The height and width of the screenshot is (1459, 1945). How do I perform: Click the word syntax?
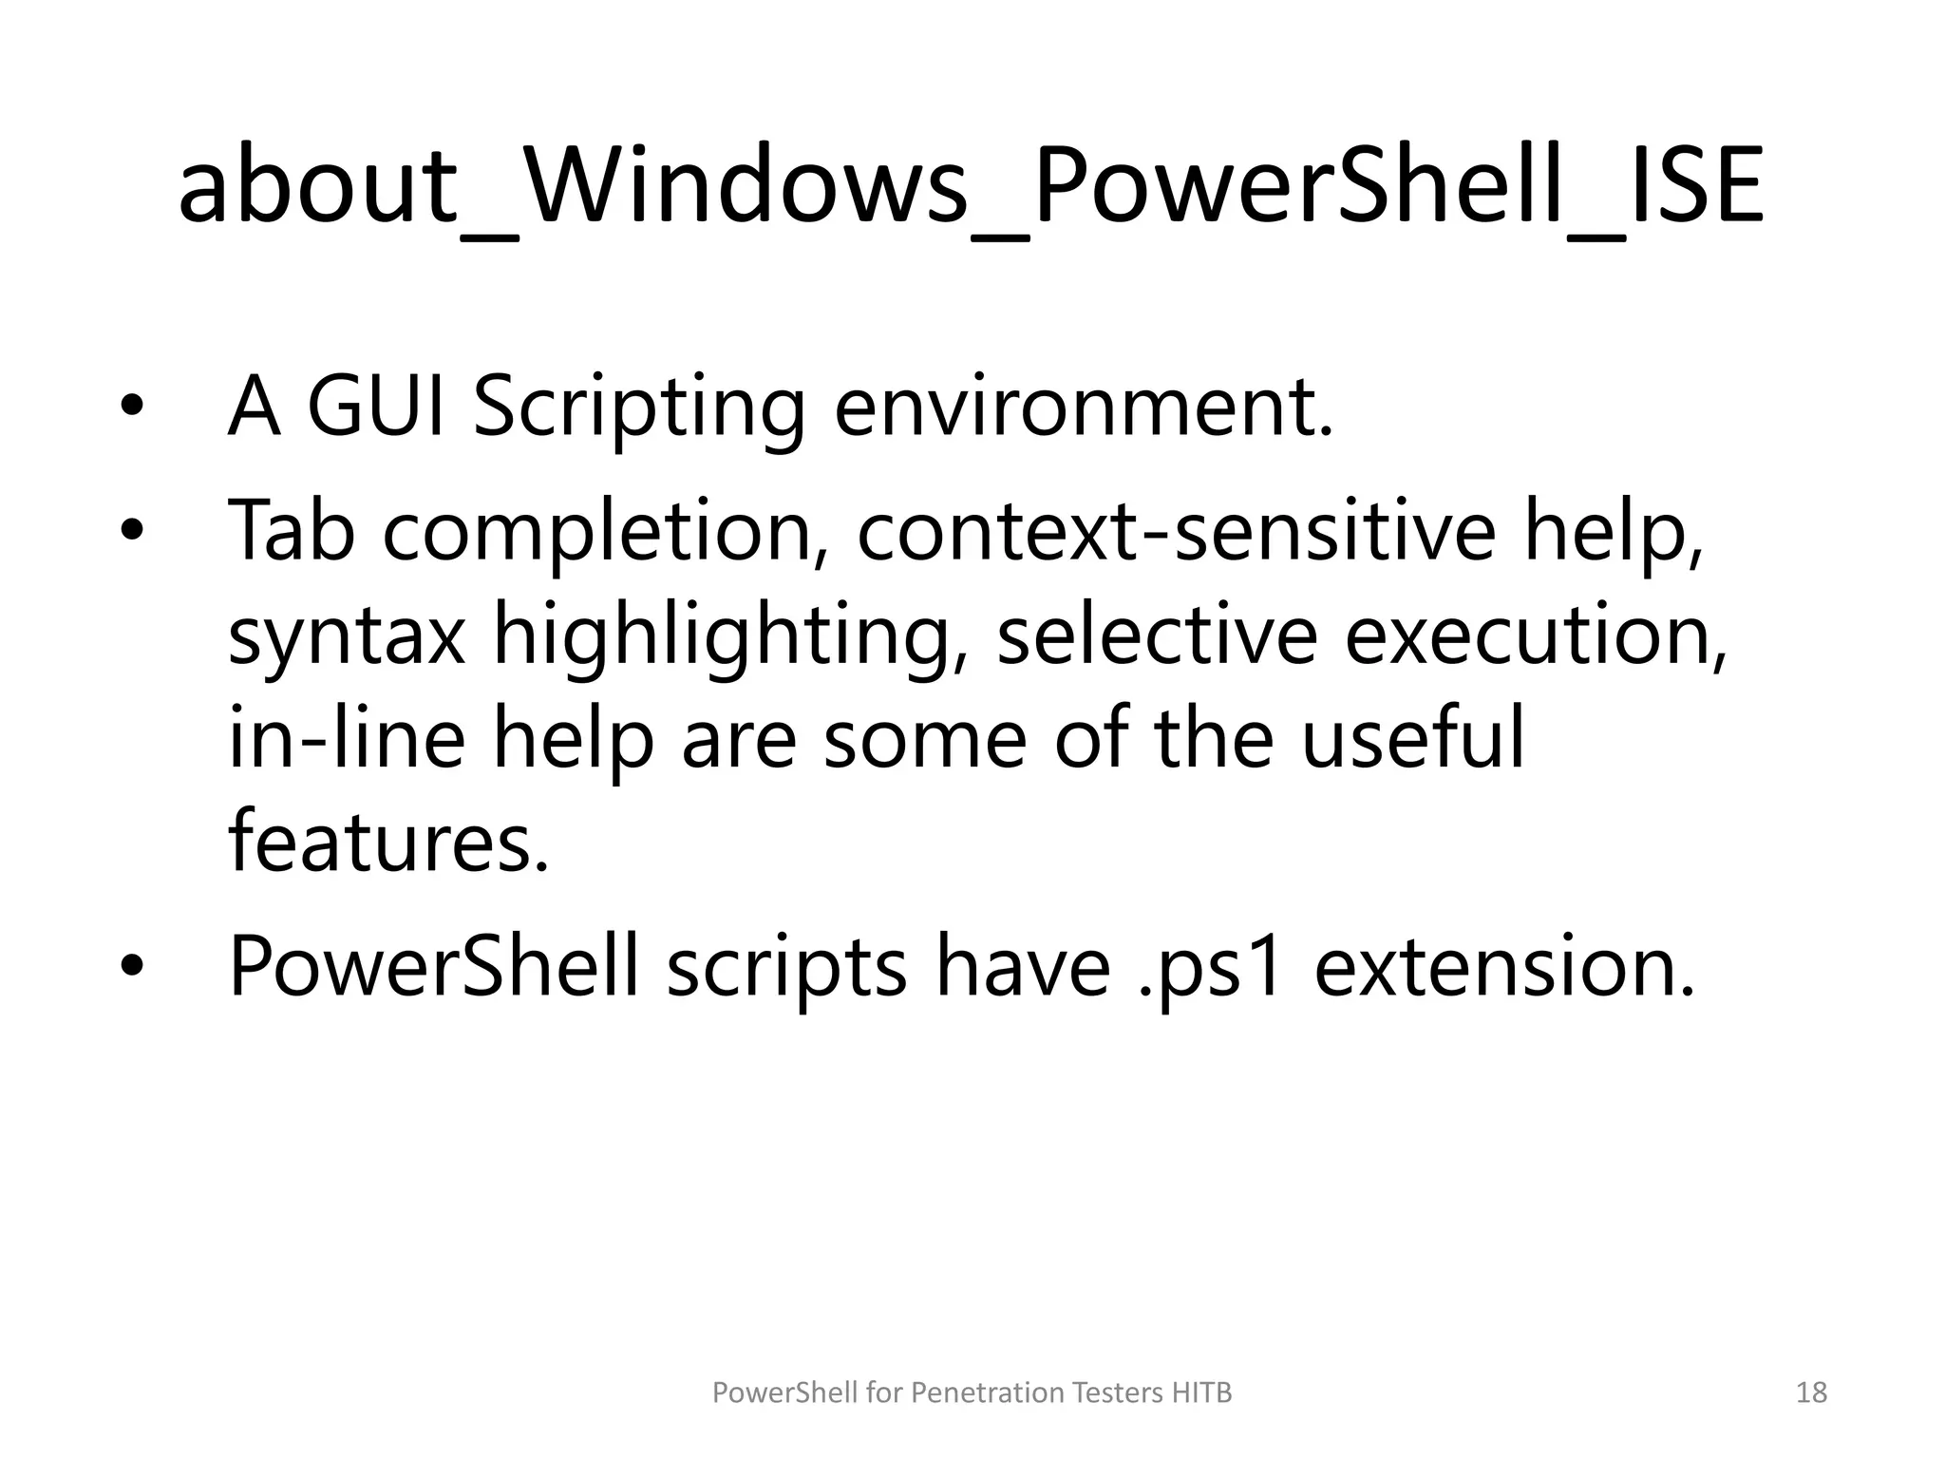coord(347,636)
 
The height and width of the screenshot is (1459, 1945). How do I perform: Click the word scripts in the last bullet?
coord(786,969)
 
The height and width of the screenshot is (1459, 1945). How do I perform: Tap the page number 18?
coord(1812,1393)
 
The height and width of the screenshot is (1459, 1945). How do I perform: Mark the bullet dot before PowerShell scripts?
coord(131,968)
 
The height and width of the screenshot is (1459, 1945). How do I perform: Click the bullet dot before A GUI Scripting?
coord(131,407)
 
